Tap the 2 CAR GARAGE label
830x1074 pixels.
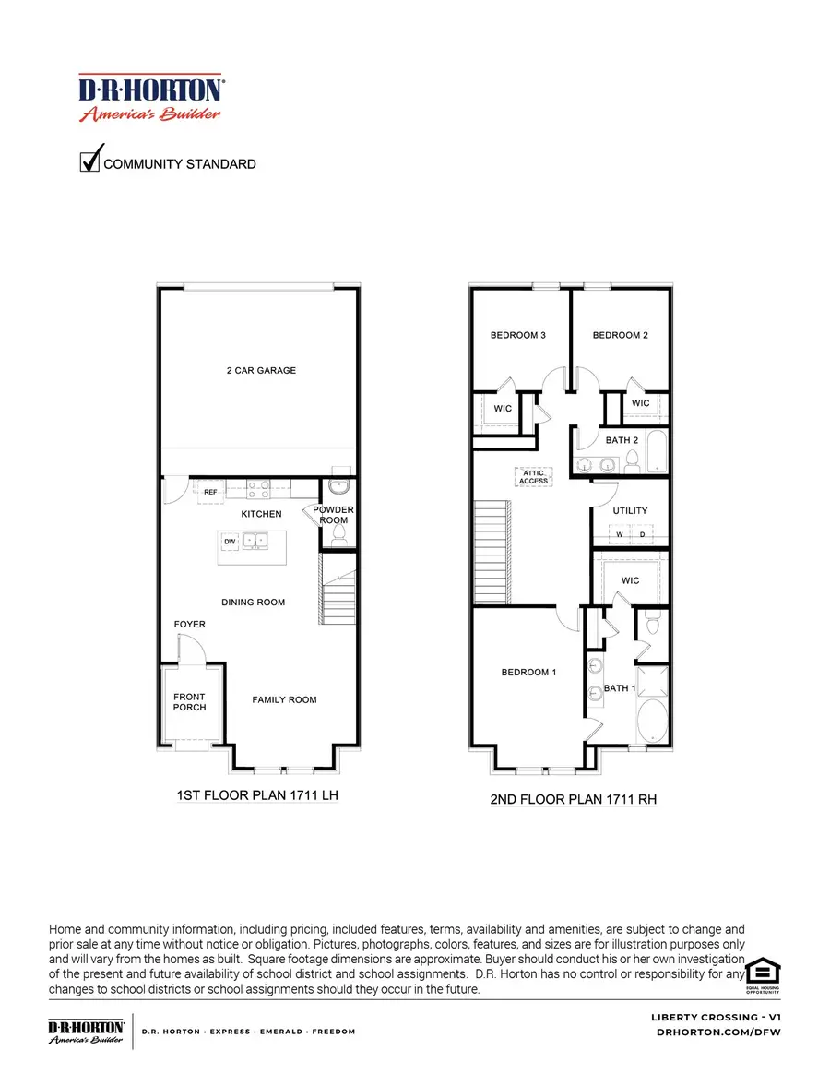(x=261, y=371)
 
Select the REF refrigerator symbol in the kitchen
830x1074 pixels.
(x=210, y=493)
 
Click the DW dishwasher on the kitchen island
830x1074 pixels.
(x=229, y=541)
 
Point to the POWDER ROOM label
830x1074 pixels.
(x=334, y=515)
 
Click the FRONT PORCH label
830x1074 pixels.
(x=189, y=702)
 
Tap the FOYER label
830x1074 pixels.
(x=190, y=625)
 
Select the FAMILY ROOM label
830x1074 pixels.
(x=284, y=700)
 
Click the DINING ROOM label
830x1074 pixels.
(x=253, y=603)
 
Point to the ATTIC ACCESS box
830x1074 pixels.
(x=533, y=477)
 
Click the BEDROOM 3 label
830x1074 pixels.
(x=517, y=335)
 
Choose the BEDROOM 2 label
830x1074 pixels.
(x=620, y=335)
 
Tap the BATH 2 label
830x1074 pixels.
(x=622, y=440)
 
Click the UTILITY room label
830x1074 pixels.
(x=631, y=510)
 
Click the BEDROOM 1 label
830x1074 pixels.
(x=528, y=673)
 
